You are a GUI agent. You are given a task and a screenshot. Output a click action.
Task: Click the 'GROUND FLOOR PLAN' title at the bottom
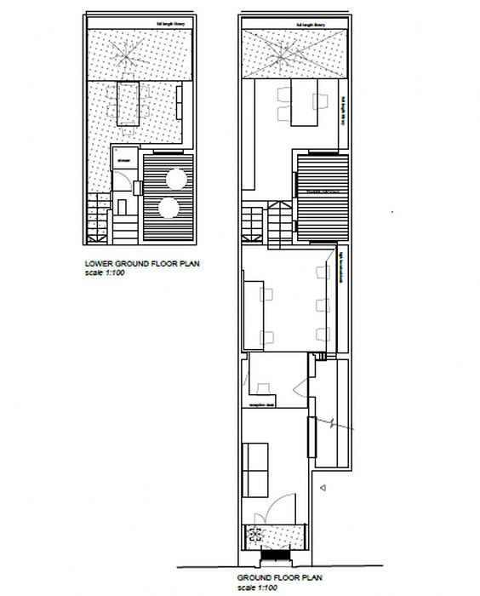(x=281, y=576)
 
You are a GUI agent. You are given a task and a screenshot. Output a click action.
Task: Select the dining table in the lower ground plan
(x=128, y=101)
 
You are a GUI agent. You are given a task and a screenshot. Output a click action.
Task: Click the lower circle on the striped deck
(x=169, y=208)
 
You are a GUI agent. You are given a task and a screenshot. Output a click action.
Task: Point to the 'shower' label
(x=123, y=159)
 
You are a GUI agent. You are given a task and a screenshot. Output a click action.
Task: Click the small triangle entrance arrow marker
(x=323, y=488)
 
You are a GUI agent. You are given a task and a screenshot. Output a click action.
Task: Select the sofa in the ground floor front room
(x=254, y=469)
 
